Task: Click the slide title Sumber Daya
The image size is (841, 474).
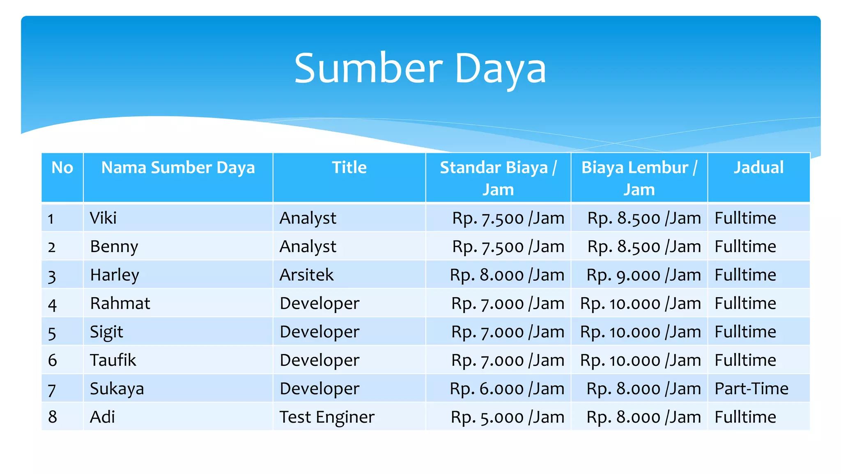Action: click(420, 69)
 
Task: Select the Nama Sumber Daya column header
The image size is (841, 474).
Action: click(178, 168)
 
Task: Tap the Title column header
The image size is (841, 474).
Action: click(349, 168)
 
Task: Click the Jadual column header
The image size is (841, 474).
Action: click(758, 168)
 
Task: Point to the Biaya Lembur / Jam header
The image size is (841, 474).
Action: click(639, 178)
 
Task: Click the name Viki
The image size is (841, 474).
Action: click(103, 218)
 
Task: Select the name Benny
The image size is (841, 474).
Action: click(114, 247)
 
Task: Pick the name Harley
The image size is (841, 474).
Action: click(115, 275)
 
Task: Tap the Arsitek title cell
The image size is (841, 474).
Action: click(306, 275)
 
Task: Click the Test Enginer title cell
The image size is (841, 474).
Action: click(327, 417)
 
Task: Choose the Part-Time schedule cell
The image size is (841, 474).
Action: click(751, 389)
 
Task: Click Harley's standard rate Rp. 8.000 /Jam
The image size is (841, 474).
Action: click(507, 275)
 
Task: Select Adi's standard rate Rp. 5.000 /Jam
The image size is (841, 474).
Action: click(507, 417)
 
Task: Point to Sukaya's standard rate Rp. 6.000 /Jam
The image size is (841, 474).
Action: click(507, 389)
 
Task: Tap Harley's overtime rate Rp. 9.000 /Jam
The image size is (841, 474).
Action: click(643, 275)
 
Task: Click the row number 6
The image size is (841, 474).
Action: click(53, 361)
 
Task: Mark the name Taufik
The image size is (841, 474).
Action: click(113, 361)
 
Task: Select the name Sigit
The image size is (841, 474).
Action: click(106, 332)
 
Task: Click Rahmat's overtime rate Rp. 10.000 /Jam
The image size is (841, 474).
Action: click(640, 304)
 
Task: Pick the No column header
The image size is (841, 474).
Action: click(62, 168)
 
